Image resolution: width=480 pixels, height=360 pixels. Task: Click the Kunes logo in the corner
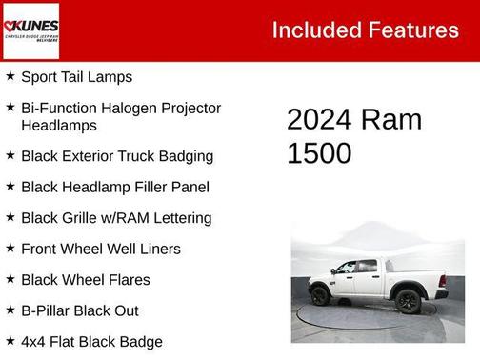[x=30, y=30]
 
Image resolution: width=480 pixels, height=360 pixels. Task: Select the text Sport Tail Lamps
[x=76, y=76]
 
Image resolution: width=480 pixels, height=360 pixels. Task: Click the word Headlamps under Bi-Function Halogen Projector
[x=58, y=125]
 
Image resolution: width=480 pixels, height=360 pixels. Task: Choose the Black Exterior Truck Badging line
[x=116, y=155]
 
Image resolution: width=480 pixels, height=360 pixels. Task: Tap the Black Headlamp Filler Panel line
[x=114, y=187]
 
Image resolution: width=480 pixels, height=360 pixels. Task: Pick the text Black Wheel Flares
[x=87, y=279]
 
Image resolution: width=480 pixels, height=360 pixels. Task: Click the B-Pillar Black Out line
[x=79, y=310]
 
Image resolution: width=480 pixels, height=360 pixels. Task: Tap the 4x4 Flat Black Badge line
[x=91, y=341]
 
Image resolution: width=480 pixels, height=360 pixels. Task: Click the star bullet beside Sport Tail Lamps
[x=10, y=75]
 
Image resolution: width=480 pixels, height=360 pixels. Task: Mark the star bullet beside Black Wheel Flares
[x=10, y=279]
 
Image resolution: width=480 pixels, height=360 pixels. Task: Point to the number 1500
[x=319, y=152]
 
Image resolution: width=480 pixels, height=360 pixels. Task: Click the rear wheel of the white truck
[x=321, y=296]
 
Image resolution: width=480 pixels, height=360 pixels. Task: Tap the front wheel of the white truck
[x=409, y=301]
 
